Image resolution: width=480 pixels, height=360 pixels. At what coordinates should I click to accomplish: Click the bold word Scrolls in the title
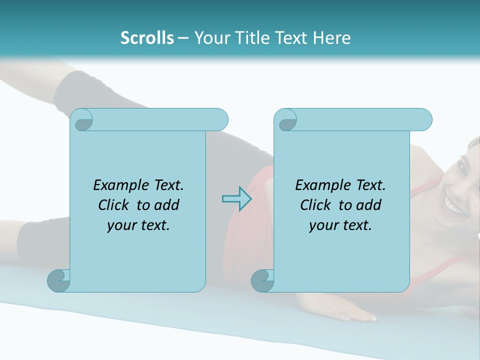[147, 38]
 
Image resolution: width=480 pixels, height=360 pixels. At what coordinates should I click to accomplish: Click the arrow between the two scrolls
[236, 198]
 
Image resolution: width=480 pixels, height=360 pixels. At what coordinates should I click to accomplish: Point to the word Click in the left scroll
[115, 205]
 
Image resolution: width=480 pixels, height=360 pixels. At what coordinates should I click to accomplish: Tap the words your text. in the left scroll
[138, 225]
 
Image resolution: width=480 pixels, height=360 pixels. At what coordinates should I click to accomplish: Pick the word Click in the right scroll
[317, 205]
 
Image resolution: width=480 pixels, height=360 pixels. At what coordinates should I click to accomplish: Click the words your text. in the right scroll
[340, 225]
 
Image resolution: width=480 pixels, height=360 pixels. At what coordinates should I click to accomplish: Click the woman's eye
[462, 168]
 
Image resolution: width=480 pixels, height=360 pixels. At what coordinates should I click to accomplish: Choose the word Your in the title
[210, 38]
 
